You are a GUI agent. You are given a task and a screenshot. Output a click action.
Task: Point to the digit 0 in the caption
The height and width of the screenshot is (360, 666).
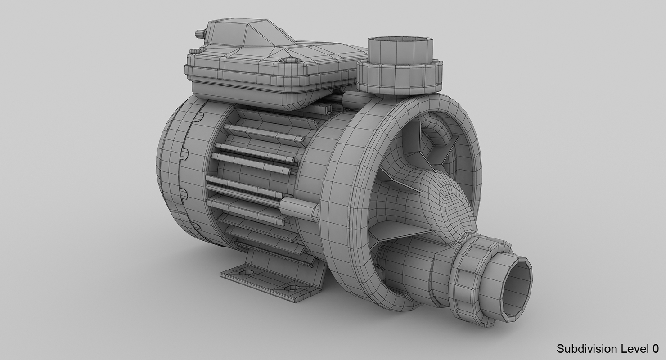coord(655,348)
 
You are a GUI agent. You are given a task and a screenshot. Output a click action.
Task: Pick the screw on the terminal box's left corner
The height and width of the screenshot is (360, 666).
coord(192,51)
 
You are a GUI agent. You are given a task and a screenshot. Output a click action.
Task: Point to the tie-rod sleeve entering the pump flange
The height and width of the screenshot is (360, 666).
coord(299,209)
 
